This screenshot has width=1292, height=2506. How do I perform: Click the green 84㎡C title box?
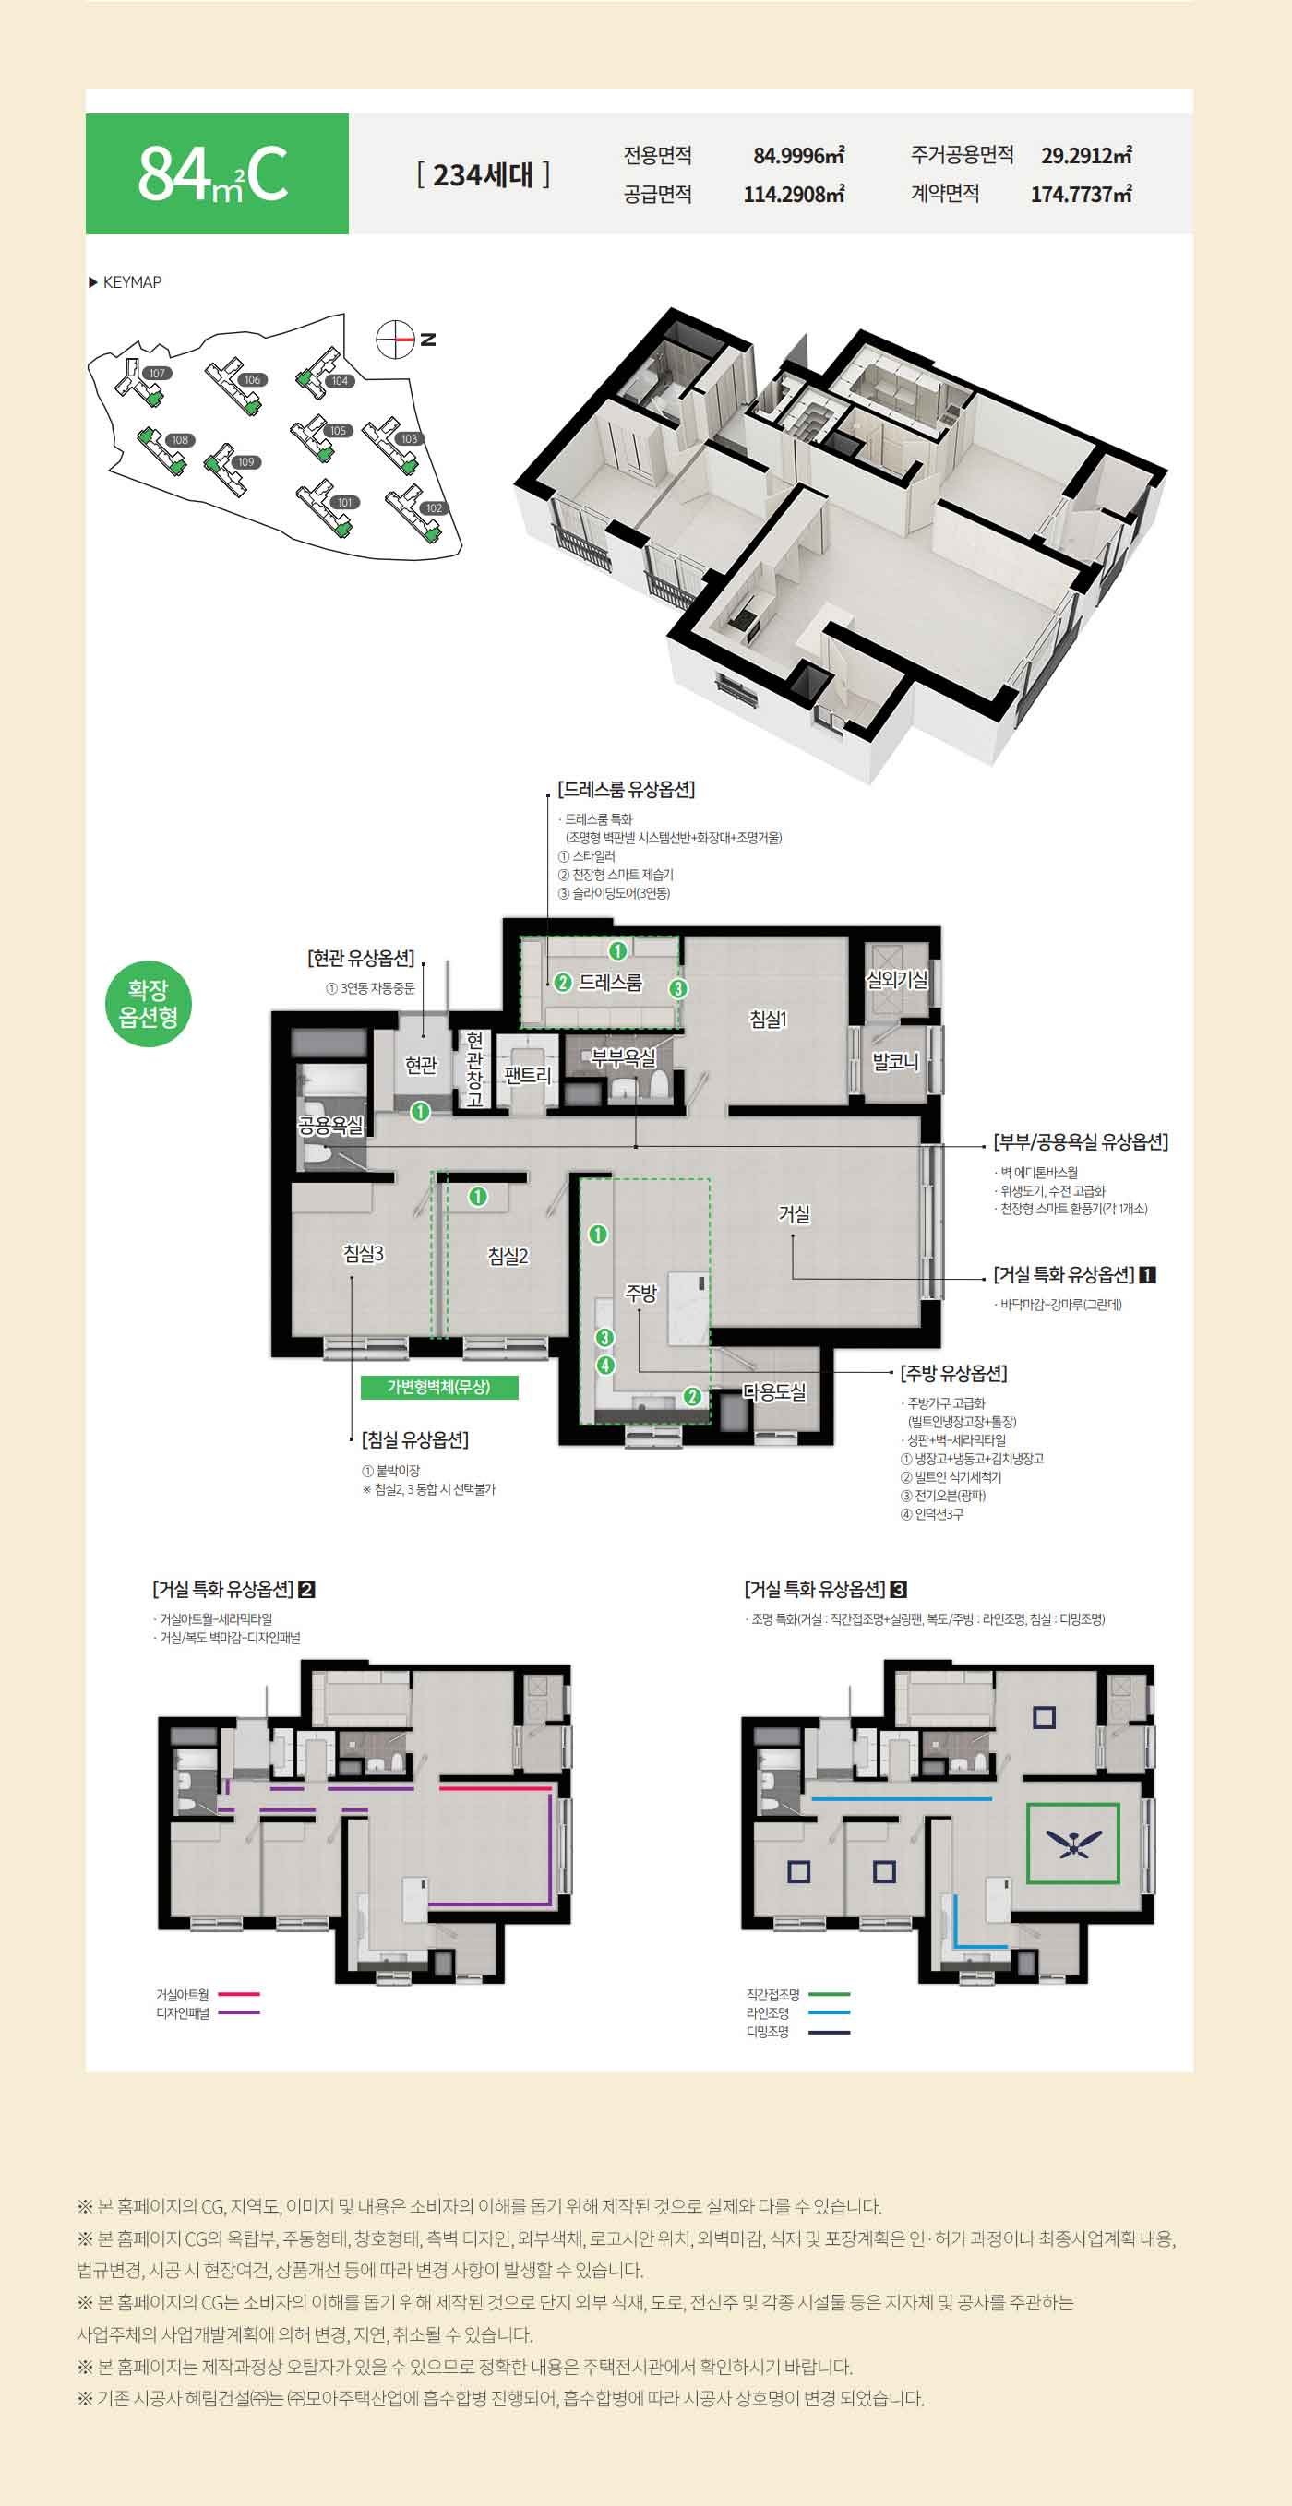click(217, 173)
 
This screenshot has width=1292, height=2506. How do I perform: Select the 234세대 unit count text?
click(484, 175)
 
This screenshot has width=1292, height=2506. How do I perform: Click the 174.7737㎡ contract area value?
click(1081, 194)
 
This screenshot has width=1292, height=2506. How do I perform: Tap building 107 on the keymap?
click(157, 374)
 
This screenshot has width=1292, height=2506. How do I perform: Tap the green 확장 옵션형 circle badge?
click(148, 1004)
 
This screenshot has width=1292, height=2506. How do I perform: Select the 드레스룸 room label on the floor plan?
click(610, 983)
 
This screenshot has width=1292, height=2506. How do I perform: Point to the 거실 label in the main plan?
click(794, 1213)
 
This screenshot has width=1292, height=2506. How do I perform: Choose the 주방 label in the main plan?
click(640, 1293)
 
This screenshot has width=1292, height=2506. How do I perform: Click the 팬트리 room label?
click(527, 1075)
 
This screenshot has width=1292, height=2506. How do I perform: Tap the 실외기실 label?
click(897, 980)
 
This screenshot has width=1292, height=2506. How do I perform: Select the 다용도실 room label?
click(774, 1392)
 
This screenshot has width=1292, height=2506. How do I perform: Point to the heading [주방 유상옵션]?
click(953, 1373)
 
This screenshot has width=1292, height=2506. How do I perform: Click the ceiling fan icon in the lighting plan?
click(1073, 1843)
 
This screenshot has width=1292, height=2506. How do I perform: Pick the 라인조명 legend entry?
click(797, 2012)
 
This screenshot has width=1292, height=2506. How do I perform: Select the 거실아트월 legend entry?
click(208, 1994)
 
